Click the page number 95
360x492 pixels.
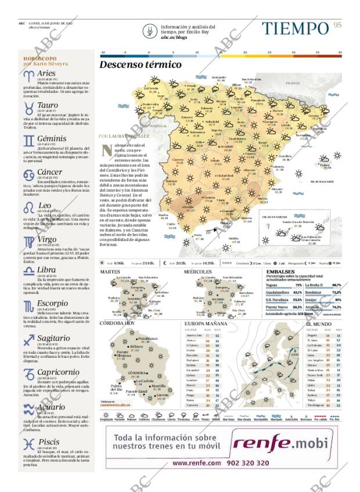click(338, 25)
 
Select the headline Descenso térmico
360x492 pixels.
click(140, 65)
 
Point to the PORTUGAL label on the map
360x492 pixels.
click(158, 125)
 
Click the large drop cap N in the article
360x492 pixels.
click(106, 151)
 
